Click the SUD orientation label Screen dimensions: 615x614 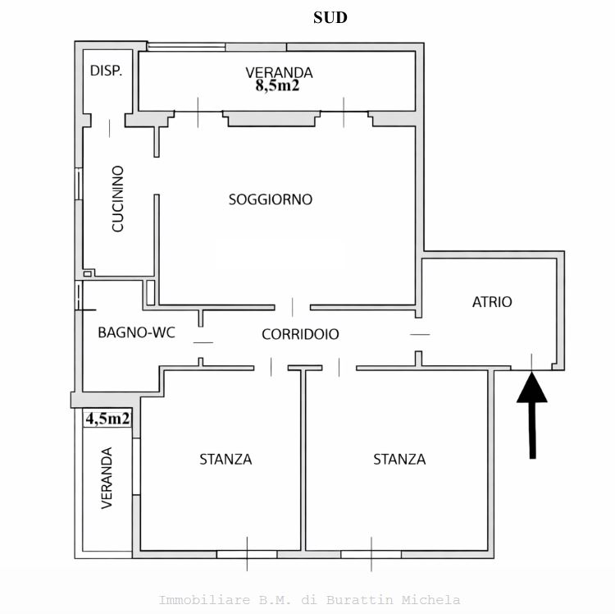click(x=330, y=18)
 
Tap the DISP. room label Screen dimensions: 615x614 click(x=107, y=71)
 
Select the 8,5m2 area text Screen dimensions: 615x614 click(x=277, y=85)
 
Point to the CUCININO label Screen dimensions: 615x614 click(x=117, y=199)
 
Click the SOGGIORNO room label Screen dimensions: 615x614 click(x=271, y=199)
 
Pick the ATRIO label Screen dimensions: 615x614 click(x=492, y=302)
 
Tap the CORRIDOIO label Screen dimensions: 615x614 click(x=300, y=334)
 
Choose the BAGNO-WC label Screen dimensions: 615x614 click(x=136, y=332)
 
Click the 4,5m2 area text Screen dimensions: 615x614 click(x=107, y=419)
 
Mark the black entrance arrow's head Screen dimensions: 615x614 click(x=532, y=387)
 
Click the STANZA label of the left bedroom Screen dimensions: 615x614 click(x=225, y=460)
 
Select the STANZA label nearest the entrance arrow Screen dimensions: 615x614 click(x=399, y=460)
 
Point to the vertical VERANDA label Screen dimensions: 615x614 click(x=107, y=478)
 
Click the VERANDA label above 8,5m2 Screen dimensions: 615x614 click(x=280, y=72)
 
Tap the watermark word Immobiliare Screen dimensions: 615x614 click(x=204, y=600)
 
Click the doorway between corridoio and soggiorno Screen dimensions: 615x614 click(x=292, y=307)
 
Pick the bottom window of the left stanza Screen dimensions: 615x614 click(x=247, y=554)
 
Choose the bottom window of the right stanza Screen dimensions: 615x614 click(x=371, y=554)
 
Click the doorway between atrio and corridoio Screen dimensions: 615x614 click(x=419, y=334)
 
